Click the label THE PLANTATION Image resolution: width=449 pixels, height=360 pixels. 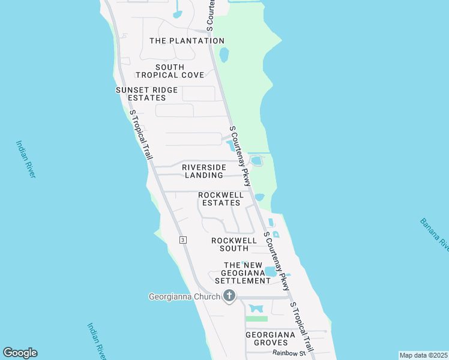(x=186, y=41)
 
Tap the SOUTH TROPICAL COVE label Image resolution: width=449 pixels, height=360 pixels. (x=170, y=71)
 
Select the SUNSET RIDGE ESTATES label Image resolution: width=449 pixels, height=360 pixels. (x=147, y=94)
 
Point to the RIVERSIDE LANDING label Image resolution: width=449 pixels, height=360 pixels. (x=204, y=171)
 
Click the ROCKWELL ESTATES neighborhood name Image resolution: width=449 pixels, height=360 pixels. (x=221, y=199)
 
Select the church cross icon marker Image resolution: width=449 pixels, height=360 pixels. (x=229, y=296)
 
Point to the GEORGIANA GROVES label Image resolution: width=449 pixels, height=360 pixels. (x=270, y=338)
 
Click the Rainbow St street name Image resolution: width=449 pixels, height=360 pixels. (x=289, y=353)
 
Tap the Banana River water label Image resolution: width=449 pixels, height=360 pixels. (x=435, y=235)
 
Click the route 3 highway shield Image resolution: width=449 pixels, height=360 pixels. (x=182, y=239)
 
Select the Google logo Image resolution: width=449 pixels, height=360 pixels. (x=20, y=353)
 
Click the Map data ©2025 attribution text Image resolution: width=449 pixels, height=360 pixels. (x=423, y=355)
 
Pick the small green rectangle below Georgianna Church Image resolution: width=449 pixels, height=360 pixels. (x=257, y=319)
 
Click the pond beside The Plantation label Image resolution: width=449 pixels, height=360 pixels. (x=224, y=55)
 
